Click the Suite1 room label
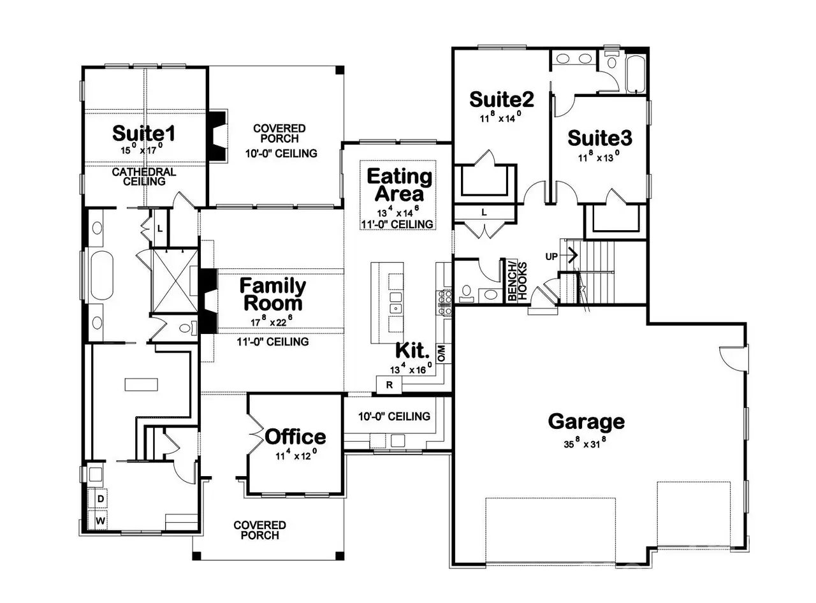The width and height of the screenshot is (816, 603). tap(143, 133)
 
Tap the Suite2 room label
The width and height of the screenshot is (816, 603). tap(501, 99)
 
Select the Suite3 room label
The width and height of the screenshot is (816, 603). tap(600, 138)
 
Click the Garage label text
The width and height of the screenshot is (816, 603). tap(586, 421)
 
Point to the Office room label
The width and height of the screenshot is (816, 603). tap(295, 437)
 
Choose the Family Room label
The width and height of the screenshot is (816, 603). tap(272, 294)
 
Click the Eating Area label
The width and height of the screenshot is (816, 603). tap(399, 184)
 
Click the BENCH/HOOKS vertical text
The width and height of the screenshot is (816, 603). tap(513, 281)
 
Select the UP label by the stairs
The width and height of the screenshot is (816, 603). tap(551, 256)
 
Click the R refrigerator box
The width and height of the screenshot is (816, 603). tap(388, 385)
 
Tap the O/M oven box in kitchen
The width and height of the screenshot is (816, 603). tap(441, 352)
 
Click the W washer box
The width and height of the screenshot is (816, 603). tap(101, 520)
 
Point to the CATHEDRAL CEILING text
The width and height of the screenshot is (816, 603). tap(143, 177)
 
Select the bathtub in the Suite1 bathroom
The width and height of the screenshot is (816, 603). tap(101, 276)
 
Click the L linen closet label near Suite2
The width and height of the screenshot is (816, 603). tap(484, 212)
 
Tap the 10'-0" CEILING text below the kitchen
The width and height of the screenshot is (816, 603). tap(393, 416)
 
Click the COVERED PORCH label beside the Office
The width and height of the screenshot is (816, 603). tap(259, 530)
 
